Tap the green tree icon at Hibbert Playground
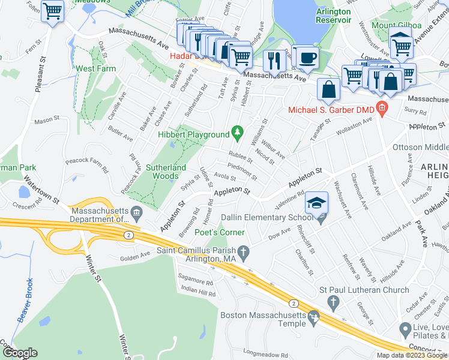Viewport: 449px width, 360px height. (238, 131)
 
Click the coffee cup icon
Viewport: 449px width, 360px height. (308, 58)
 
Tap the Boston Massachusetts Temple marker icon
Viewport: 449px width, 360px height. (312, 316)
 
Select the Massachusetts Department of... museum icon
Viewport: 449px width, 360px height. (136, 211)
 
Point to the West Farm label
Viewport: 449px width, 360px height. (95, 69)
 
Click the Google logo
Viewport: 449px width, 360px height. (20, 353)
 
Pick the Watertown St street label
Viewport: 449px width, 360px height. (41, 188)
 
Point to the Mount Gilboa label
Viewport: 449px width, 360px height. (396, 26)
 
